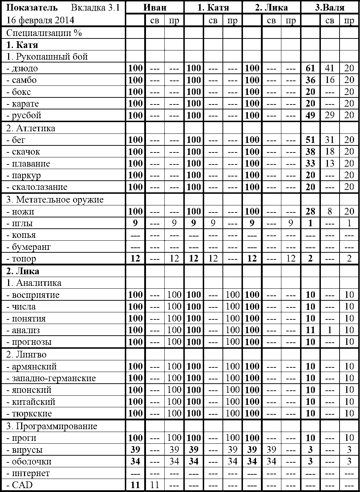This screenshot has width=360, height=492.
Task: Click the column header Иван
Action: point(155,7)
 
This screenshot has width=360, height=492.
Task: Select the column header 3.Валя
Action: point(330,7)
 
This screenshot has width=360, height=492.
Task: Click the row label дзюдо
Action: point(22,68)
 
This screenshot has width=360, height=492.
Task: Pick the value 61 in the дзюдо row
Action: point(310,68)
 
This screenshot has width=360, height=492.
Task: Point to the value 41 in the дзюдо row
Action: point(330,68)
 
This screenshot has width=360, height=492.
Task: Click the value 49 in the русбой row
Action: point(310,115)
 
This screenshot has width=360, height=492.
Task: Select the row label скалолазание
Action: point(37,187)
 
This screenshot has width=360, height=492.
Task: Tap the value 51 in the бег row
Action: point(310,140)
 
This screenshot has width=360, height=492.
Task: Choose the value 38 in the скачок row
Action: point(310,152)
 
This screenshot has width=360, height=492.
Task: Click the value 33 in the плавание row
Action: point(310,163)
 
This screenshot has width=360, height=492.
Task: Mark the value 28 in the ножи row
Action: point(310,211)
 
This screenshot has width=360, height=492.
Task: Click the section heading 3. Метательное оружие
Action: point(55,200)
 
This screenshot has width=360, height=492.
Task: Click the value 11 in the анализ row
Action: point(310,330)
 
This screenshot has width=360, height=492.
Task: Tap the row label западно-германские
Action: point(51,378)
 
